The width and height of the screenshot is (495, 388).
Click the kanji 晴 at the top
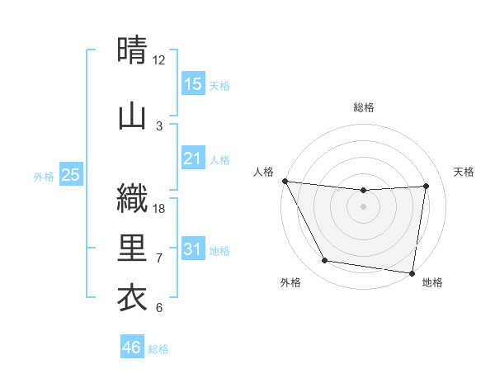(x=133, y=50)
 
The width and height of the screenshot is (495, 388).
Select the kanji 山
(x=133, y=116)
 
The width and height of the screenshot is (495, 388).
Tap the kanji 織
(x=133, y=199)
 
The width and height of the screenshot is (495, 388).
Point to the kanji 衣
(x=133, y=297)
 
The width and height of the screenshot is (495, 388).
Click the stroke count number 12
(x=159, y=60)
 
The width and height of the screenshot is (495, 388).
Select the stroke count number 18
(x=159, y=209)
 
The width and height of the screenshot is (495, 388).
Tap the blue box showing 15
(x=192, y=83)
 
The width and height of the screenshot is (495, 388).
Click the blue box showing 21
(x=192, y=158)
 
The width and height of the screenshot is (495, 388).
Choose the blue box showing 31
(x=192, y=249)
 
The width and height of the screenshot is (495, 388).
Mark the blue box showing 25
(x=70, y=175)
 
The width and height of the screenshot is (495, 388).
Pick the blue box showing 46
(x=132, y=348)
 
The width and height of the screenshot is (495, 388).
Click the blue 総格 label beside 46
(x=158, y=349)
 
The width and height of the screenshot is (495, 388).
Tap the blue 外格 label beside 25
(x=44, y=177)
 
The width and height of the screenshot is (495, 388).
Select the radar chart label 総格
(x=364, y=107)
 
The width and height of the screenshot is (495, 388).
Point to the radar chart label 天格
(x=464, y=172)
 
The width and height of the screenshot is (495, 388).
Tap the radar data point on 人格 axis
(x=285, y=181)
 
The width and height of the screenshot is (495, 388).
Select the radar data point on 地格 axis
(x=412, y=272)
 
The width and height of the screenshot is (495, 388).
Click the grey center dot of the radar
(x=363, y=206)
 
